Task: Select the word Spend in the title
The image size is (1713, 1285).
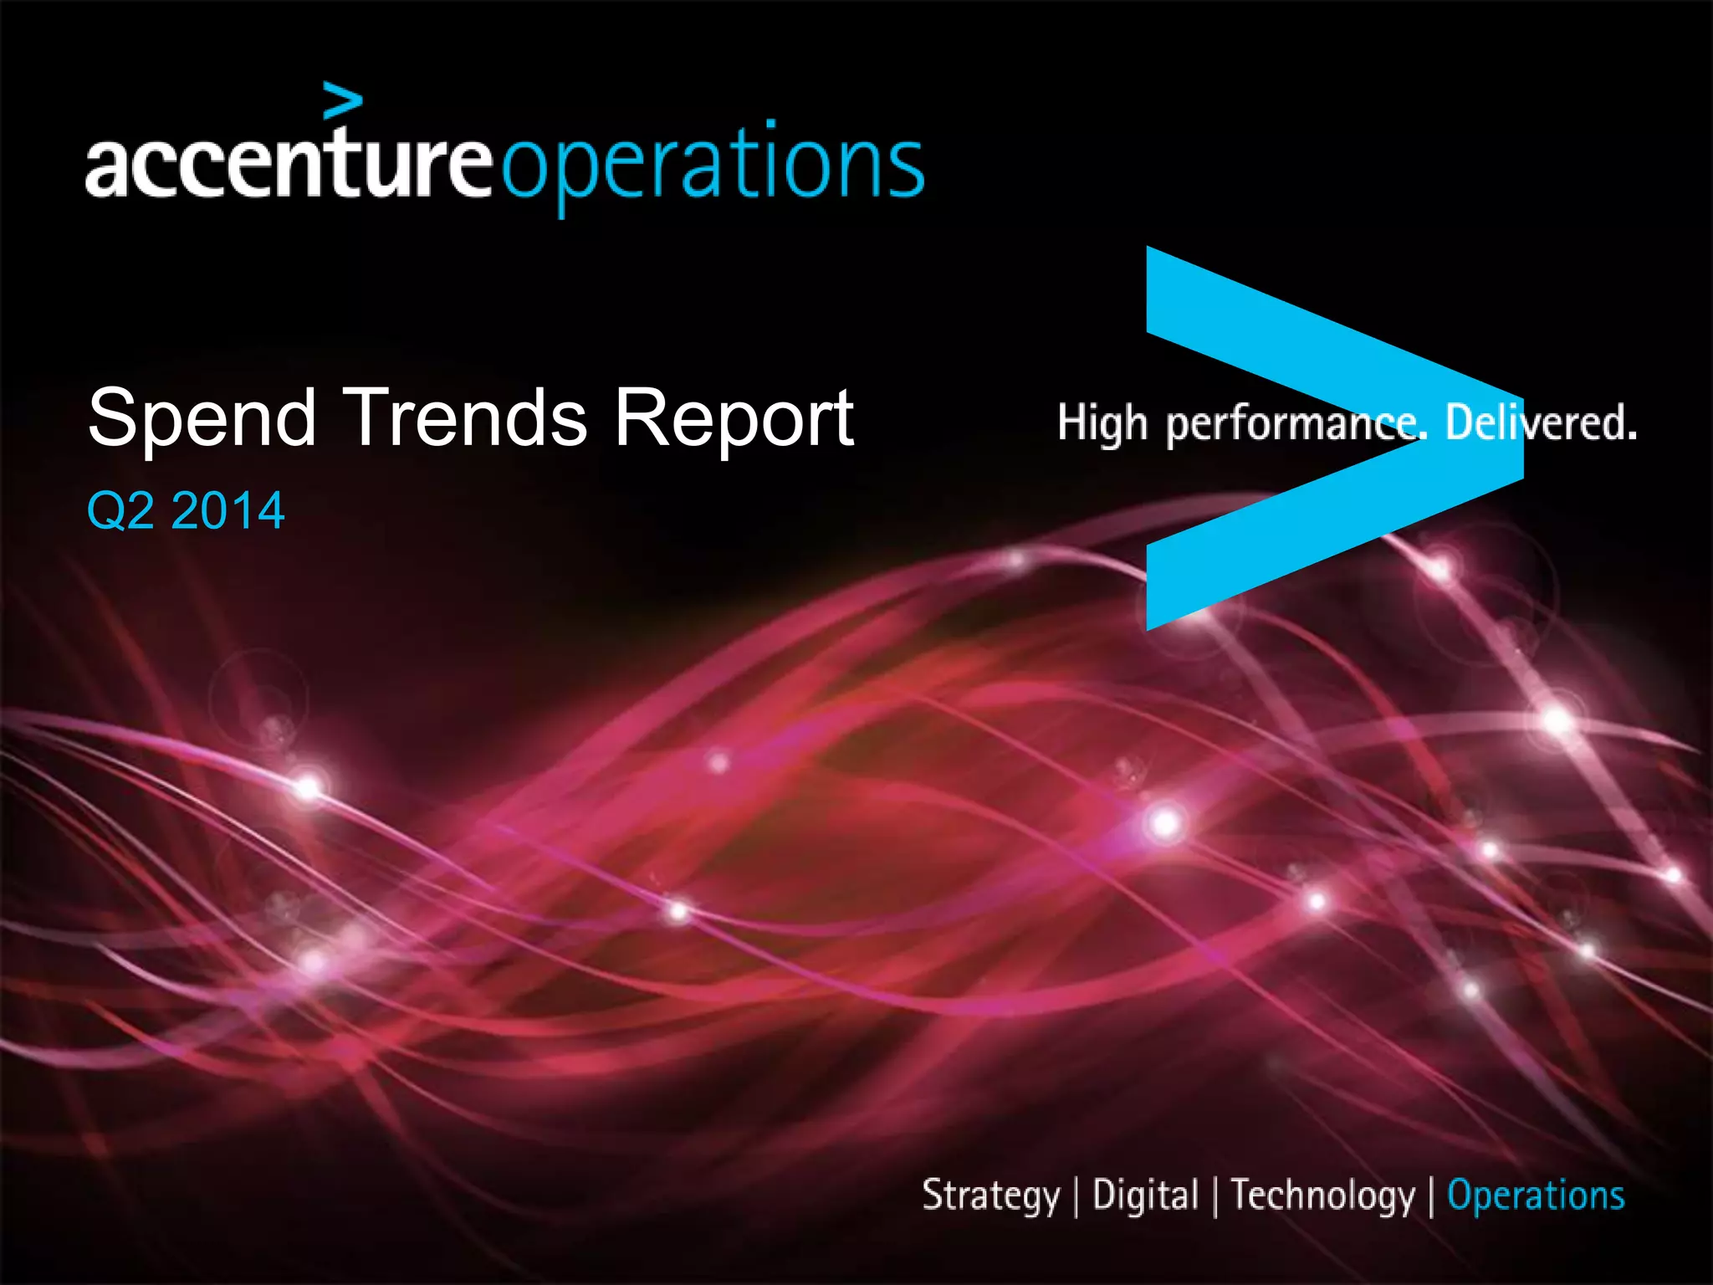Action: (x=202, y=418)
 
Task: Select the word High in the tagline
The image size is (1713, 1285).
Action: (x=1102, y=423)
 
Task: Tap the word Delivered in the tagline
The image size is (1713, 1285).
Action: (x=1535, y=422)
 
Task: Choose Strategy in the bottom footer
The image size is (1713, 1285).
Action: (x=990, y=1195)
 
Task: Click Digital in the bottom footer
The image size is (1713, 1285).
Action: (x=1145, y=1195)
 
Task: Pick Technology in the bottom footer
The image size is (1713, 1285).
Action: (x=1322, y=1195)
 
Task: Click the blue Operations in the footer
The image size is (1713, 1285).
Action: (x=1536, y=1195)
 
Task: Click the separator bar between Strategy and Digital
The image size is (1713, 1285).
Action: (x=1076, y=1196)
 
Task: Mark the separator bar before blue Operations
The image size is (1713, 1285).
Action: (x=1431, y=1196)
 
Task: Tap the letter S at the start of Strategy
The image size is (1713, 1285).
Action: (x=931, y=1194)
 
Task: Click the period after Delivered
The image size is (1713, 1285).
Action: (x=1632, y=437)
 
